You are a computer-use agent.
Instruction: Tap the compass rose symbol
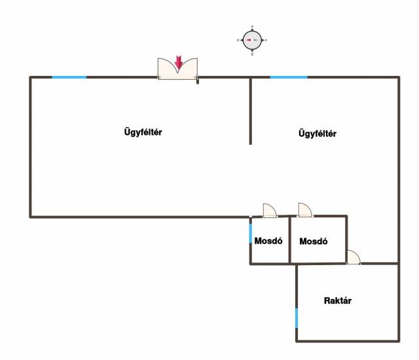coord(252,41)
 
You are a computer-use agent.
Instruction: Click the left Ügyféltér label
coord(143,132)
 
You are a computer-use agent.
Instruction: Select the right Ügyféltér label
coord(318,134)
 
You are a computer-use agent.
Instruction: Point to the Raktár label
coord(338,300)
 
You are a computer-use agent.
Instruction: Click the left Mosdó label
coord(268,241)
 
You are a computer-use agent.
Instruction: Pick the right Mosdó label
coord(314,242)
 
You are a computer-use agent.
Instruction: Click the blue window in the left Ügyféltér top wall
coord(69,77)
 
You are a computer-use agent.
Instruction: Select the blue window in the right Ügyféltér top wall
coord(289,77)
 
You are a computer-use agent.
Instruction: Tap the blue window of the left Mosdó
coord(251,234)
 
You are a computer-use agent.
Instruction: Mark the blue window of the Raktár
coord(297,318)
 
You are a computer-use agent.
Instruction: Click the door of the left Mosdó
coord(270,211)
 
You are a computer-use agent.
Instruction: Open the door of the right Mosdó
coord(305,210)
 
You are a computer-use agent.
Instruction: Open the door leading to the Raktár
coord(354,257)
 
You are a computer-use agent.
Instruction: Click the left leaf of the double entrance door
coord(168,69)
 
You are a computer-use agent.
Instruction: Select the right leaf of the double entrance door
coord(188,69)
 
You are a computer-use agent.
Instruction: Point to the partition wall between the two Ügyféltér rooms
coord(250,111)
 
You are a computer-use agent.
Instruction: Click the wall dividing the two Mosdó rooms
coord(289,240)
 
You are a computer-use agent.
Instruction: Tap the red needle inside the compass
coord(249,40)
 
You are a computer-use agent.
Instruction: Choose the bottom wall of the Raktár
coord(348,341)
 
